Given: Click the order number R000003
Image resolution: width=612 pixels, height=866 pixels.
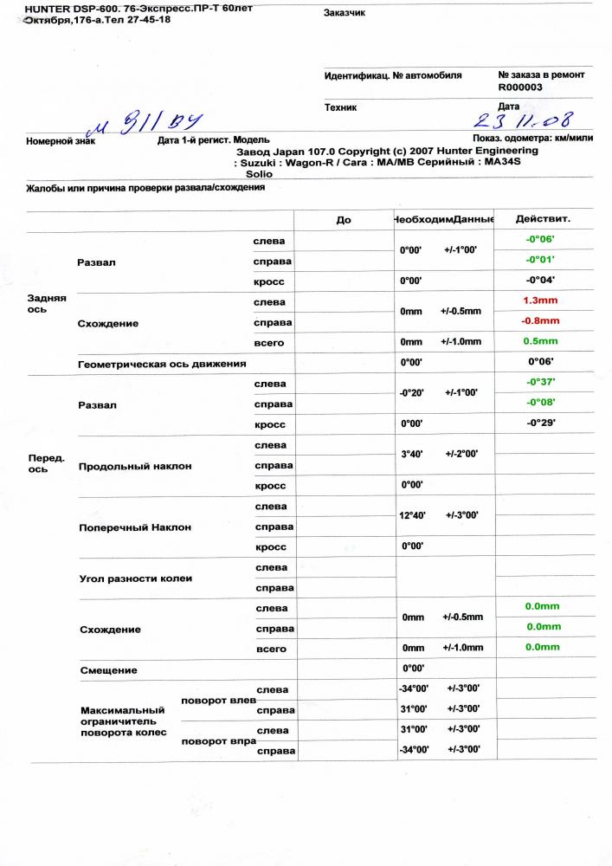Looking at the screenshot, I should [x=520, y=87].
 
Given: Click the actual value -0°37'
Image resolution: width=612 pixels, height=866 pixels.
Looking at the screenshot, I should [x=541, y=382].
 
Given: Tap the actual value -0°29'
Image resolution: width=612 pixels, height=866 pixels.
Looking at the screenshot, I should [x=541, y=423].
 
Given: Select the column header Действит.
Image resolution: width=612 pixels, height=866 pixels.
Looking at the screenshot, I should [x=542, y=220].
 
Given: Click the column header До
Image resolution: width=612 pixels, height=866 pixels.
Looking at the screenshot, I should [x=344, y=220].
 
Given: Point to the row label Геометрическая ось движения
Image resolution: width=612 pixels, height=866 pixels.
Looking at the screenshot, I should [x=157, y=364].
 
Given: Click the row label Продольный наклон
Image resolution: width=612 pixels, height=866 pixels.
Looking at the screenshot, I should [x=134, y=466].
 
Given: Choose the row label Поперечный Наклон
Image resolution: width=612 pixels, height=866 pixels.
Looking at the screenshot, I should [x=134, y=527].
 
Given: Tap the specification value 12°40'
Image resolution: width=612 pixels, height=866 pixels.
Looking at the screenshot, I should [x=414, y=515].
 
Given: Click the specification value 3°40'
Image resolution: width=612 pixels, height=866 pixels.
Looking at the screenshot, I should [x=411, y=454].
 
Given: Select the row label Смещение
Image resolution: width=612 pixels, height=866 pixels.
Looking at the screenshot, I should [x=107, y=669].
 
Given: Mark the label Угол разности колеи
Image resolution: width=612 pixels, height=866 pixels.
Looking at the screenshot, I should [x=135, y=578].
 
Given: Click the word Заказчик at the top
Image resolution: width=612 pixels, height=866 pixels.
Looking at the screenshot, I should [x=345, y=13].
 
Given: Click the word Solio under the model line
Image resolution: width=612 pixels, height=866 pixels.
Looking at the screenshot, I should [x=260, y=173].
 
